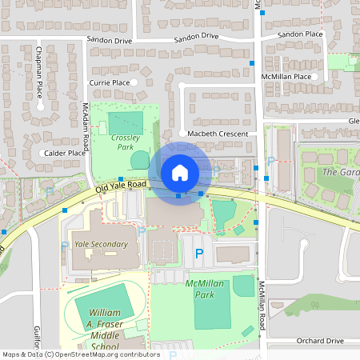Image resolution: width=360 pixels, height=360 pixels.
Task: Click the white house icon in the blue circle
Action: click(x=180, y=172)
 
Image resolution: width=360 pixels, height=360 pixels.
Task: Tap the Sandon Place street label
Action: click(x=300, y=35)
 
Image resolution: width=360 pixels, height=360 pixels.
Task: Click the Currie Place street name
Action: click(x=109, y=82)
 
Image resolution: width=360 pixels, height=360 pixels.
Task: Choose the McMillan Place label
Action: click(x=286, y=77)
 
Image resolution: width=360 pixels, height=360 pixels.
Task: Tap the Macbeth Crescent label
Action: click(x=218, y=134)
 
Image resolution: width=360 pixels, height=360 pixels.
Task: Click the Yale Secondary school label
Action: click(x=99, y=245)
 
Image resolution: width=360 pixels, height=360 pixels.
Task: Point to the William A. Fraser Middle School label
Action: click(x=105, y=329)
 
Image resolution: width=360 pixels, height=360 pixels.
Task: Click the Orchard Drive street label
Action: click(x=319, y=341)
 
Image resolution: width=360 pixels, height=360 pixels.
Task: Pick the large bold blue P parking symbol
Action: click(x=199, y=254)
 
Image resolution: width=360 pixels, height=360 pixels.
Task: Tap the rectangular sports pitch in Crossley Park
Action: click(x=125, y=122)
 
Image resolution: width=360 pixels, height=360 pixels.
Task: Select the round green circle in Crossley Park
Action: click(x=140, y=158)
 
